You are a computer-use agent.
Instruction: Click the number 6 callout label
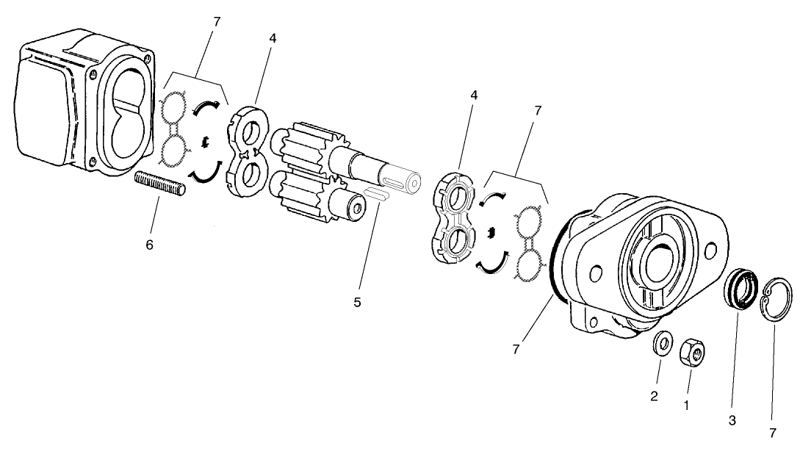pyautogui.click(x=149, y=245)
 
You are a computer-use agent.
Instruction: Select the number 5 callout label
pyautogui.click(x=357, y=302)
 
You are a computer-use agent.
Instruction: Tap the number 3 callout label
pyautogui.click(x=732, y=421)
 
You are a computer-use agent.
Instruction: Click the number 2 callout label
pyautogui.click(x=654, y=397)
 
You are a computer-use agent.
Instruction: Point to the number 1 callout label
pyautogui.click(x=687, y=404)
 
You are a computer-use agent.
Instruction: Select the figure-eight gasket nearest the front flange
pyautogui.click(x=527, y=243)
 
